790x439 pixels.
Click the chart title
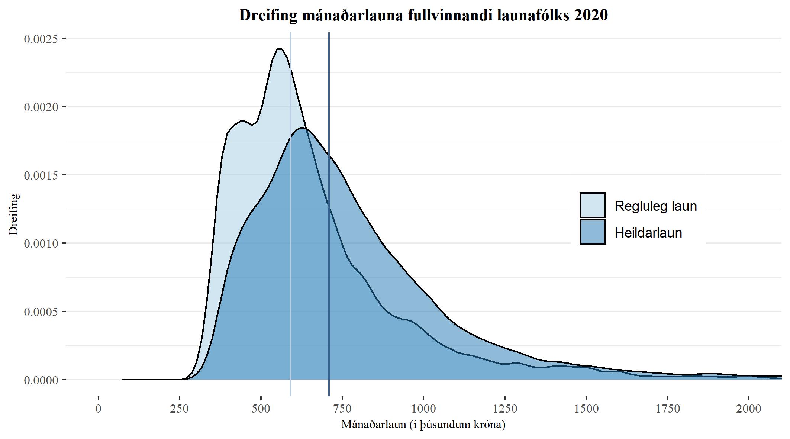click(423, 16)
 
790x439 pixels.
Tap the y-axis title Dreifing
click(13, 214)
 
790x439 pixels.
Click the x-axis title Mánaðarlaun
click(423, 424)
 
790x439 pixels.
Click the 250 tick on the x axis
click(180, 409)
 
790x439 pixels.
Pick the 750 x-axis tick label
click(342, 409)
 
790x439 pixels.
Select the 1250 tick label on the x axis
click(505, 409)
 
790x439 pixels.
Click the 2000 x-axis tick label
click(749, 409)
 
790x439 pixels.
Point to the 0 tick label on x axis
click(98, 409)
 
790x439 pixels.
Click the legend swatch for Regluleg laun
click(592, 205)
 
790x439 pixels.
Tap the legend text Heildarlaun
click(648, 233)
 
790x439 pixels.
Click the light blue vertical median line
click(290, 260)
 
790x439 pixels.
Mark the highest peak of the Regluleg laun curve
click(280, 49)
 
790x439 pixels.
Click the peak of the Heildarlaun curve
click(302, 128)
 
